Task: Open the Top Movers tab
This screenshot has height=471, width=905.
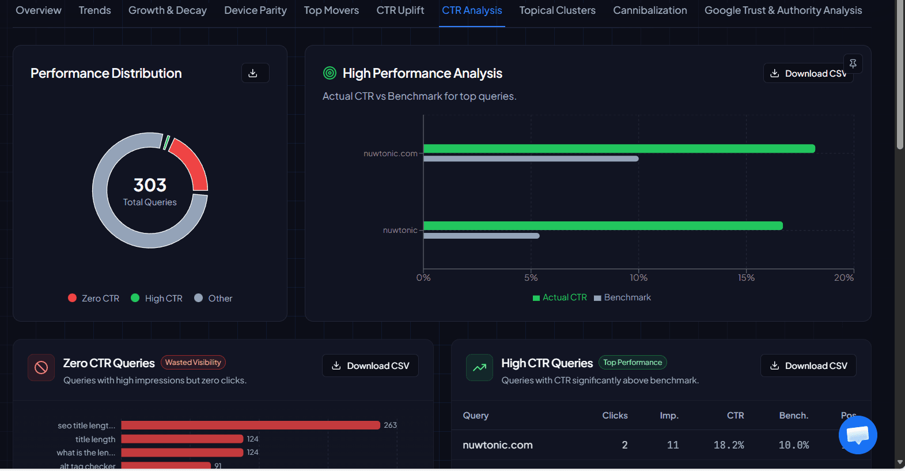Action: [x=331, y=10]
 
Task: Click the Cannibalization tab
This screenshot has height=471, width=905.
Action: [x=650, y=10]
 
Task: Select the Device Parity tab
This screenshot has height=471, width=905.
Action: [x=255, y=10]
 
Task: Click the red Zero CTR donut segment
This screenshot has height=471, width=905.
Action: [x=192, y=163]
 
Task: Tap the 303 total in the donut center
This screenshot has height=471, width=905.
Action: [x=150, y=184]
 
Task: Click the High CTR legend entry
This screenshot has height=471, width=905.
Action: [x=157, y=298]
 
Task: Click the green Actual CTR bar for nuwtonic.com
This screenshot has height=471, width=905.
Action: [x=619, y=149]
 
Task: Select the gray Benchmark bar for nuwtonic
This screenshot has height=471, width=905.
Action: [x=481, y=236]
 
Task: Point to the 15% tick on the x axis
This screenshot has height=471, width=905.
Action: [x=746, y=277]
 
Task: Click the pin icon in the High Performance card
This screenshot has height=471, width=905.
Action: [x=853, y=64]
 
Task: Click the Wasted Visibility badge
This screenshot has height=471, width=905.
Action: [x=193, y=363]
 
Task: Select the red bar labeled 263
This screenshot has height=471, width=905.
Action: [x=251, y=425]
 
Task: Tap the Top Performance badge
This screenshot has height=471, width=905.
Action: [x=633, y=363]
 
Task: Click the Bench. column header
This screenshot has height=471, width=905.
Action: [x=793, y=416]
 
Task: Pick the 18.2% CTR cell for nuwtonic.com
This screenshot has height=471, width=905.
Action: [x=729, y=445]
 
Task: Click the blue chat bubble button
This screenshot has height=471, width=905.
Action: [x=858, y=435]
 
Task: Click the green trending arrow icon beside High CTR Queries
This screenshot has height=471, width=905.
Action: [x=479, y=367]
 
